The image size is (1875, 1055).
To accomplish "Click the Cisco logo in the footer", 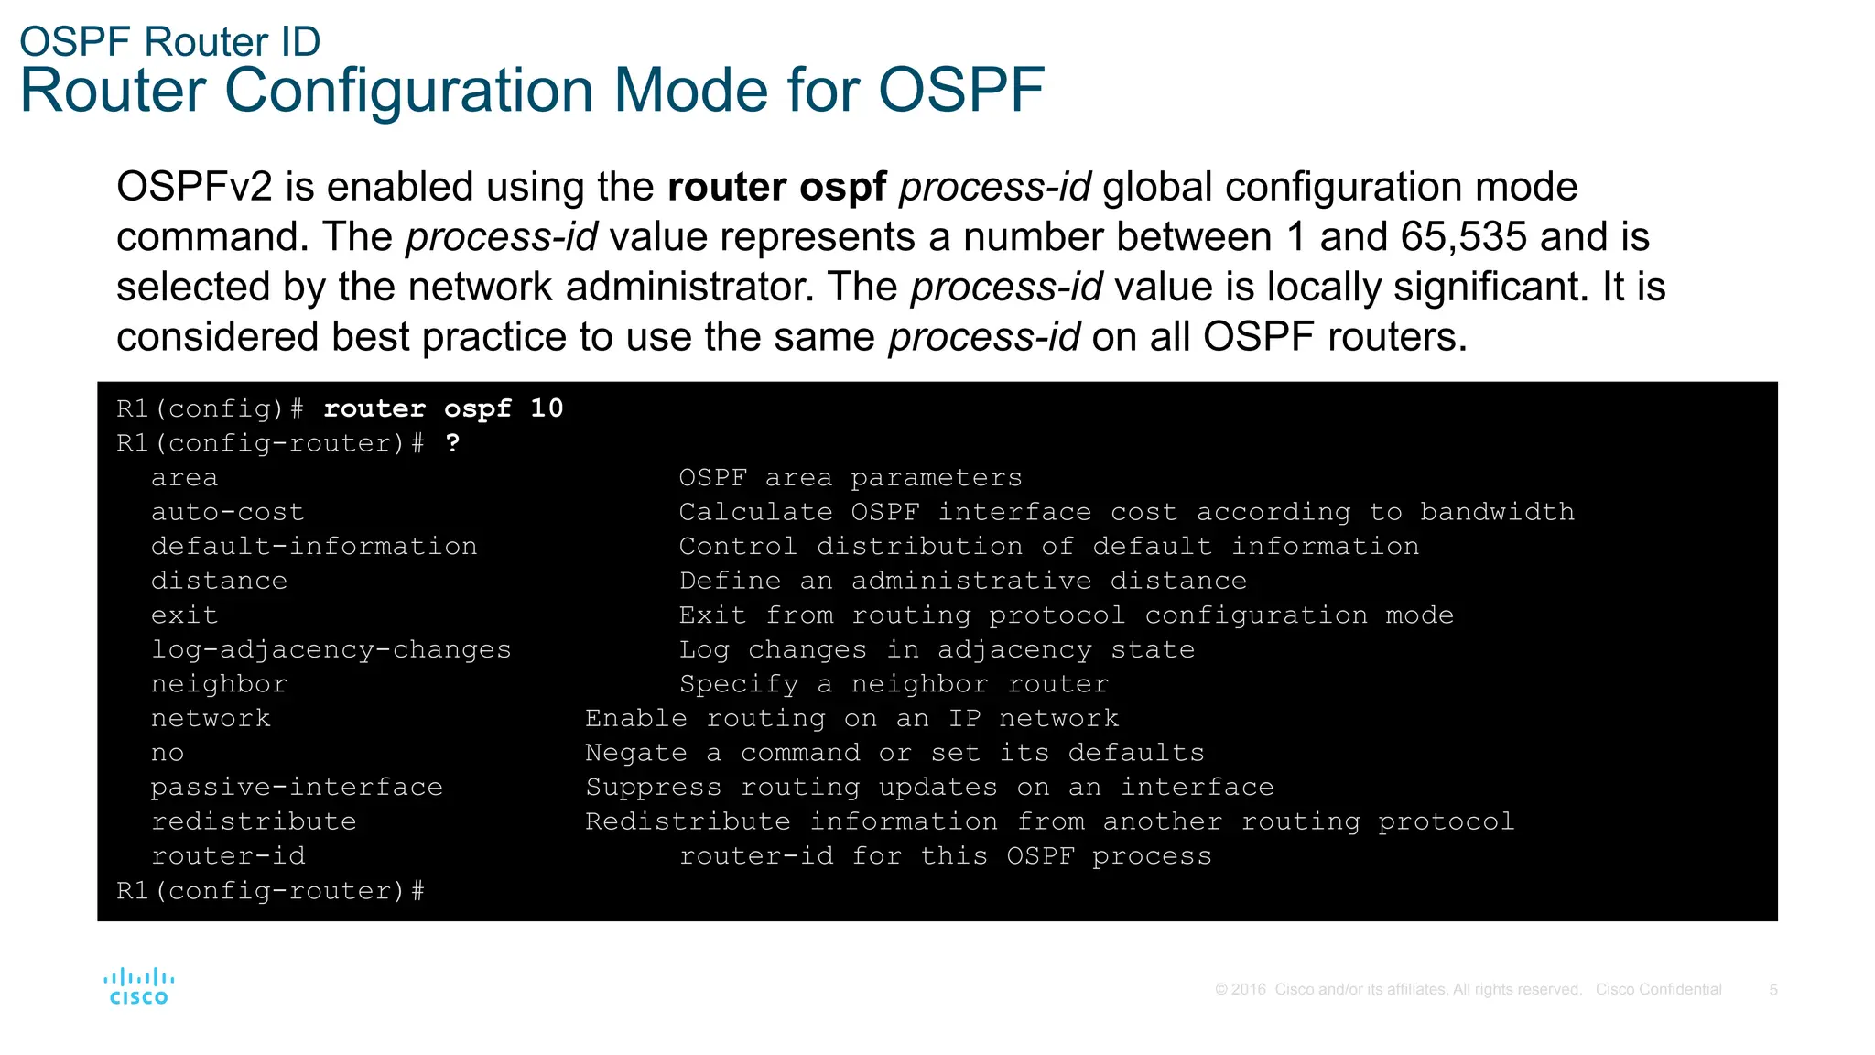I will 138,986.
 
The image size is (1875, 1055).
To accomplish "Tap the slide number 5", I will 1773,990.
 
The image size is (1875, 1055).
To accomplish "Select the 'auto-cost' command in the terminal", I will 227,512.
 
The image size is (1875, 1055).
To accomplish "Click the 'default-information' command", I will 314,547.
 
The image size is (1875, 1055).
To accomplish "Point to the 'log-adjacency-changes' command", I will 331,649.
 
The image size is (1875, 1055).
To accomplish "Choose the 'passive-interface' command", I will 297,788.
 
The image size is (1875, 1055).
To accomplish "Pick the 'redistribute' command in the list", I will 254,821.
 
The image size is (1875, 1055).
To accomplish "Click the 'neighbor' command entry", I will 219,684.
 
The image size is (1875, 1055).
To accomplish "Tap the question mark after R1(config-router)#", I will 452,443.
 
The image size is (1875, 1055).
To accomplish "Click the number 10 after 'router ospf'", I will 547,408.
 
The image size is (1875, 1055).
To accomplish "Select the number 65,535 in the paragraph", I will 1463,237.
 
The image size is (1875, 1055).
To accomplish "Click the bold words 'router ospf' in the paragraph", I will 776,187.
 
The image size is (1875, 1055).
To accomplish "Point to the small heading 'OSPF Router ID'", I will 170,42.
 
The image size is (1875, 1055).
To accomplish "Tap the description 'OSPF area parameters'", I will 850,478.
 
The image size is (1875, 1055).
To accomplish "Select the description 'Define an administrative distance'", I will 962,581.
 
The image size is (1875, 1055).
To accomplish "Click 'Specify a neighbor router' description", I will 893,684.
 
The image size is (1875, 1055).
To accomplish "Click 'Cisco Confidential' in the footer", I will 1658,990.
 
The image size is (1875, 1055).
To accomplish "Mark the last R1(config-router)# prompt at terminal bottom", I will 270,891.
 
